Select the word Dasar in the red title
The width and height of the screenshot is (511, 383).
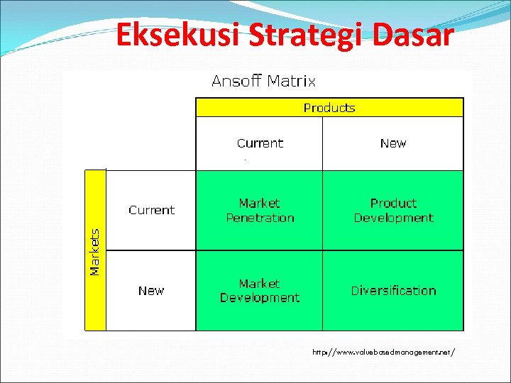pos(412,35)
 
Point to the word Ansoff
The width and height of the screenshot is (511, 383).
pos(236,81)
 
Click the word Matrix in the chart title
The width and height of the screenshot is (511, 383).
pos(291,81)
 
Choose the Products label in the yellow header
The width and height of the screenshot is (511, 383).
pos(329,108)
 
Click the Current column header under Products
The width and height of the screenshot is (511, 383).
pos(260,143)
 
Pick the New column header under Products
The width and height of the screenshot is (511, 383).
pos(393,143)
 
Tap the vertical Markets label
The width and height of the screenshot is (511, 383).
pos(95,252)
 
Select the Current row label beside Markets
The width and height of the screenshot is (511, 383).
pos(151,210)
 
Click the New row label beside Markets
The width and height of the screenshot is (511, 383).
pos(151,291)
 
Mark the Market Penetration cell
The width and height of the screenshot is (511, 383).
pos(260,211)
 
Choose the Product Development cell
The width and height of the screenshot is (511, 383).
pos(393,211)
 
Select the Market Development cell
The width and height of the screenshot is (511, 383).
pos(260,291)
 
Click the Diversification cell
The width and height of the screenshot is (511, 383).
pos(393,291)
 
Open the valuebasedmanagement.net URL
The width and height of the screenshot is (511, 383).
pos(383,351)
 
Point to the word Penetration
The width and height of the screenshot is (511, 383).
pos(260,218)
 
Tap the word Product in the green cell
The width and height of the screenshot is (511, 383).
pos(393,204)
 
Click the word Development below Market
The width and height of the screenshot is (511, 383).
pos(260,298)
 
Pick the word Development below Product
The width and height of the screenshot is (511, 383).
pos(393,218)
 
